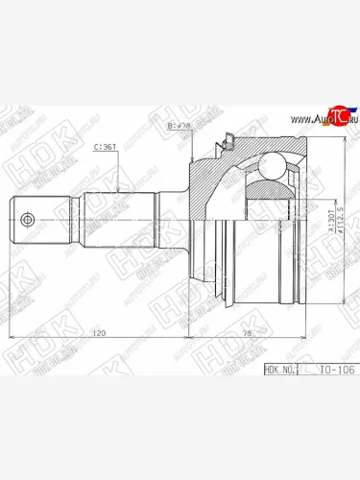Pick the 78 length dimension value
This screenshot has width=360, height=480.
pyautogui.click(x=246, y=333)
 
